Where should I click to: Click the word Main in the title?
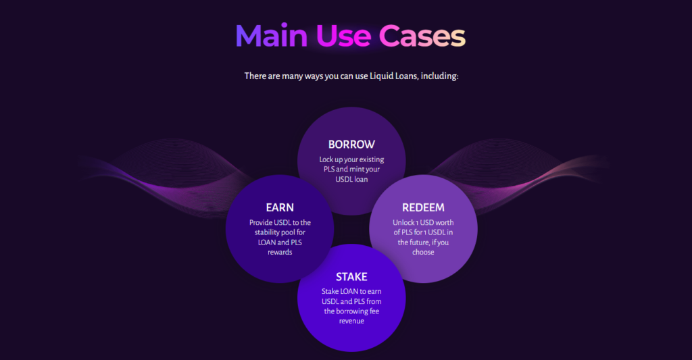point(272,36)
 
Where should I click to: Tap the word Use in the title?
point(343,36)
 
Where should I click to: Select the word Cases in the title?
point(422,36)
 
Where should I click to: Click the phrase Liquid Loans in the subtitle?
point(393,76)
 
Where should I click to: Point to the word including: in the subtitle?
point(439,76)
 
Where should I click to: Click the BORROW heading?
point(351,145)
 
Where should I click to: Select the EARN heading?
point(280,207)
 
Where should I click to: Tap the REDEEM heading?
point(423,207)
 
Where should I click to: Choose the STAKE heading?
point(351,277)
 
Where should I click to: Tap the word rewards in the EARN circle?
point(280,252)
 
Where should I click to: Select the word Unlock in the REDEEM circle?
point(404,222)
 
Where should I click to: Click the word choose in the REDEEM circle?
point(423,252)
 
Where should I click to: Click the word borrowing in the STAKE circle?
point(351,311)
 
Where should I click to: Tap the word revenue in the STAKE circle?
point(351,321)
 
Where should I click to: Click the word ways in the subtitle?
point(314,76)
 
